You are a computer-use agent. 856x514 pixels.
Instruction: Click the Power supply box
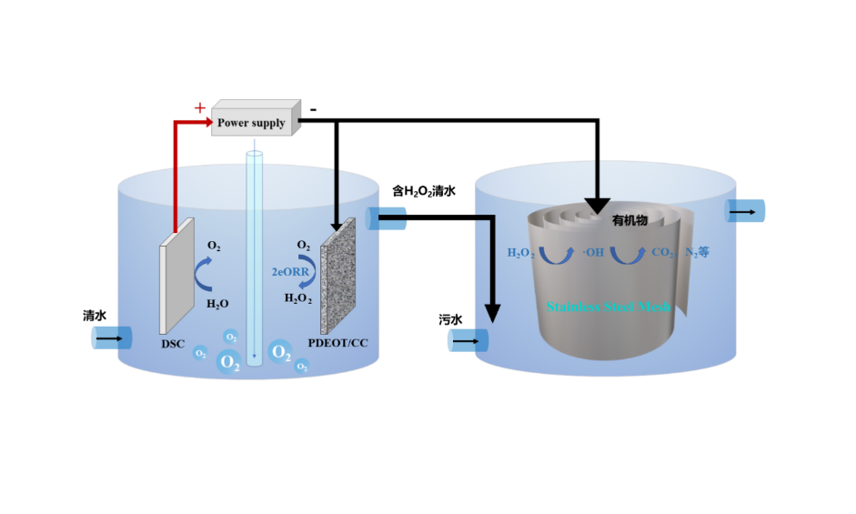coord(255,119)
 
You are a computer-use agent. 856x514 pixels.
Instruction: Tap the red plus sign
coord(199,108)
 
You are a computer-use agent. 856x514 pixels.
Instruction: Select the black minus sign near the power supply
coord(313,110)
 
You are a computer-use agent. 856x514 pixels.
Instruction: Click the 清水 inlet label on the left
coord(95,316)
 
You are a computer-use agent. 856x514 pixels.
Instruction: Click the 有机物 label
coord(629,221)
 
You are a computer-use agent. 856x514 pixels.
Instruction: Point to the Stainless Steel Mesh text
coord(608,307)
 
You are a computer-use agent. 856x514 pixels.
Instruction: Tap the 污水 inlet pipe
coord(469,341)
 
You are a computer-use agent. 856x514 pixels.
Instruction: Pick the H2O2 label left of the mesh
coord(521,252)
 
